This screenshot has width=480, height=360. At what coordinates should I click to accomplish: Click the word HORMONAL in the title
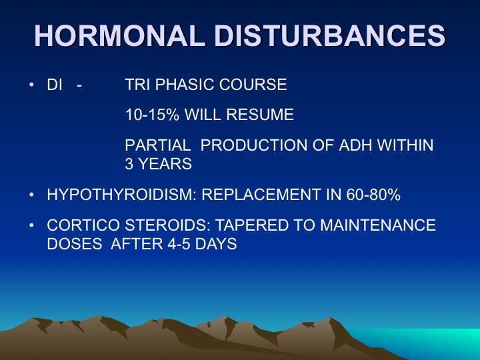coord(119,35)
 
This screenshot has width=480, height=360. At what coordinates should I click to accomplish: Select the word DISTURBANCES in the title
coord(330,35)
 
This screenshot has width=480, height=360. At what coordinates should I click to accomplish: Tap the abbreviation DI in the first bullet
coord(55,85)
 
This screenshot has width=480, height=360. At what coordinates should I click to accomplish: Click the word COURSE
coord(253,85)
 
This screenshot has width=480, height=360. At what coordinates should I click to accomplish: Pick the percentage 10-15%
coord(152,115)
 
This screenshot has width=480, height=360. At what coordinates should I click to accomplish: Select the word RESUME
coord(260,115)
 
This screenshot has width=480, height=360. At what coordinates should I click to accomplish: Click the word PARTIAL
coord(158,145)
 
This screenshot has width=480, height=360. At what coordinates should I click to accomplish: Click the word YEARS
coord(165,164)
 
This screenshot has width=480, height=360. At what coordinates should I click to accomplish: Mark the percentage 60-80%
coord(373,195)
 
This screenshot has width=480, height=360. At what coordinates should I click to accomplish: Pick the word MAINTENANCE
coord(378,225)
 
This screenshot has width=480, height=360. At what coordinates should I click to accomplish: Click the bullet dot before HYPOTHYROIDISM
coord(31,195)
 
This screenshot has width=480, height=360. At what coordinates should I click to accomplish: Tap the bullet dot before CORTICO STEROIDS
coord(31,225)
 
